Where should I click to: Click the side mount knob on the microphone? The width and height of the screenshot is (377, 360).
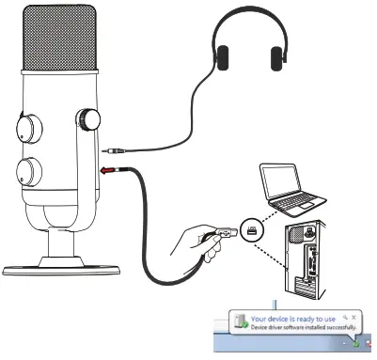pos(88,119)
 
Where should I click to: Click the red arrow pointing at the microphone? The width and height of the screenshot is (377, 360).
pos(106,172)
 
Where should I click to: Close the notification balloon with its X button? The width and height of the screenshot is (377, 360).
pos(354,316)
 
